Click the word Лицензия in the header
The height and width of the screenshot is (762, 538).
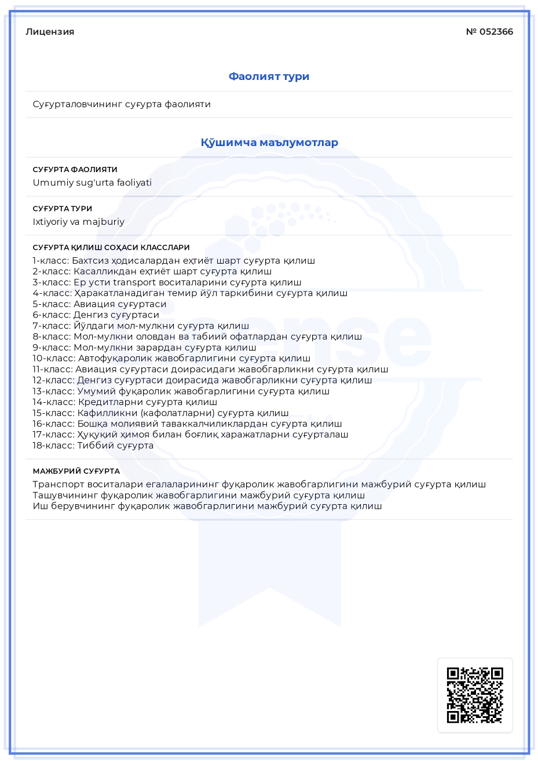pyautogui.click(x=50, y=32)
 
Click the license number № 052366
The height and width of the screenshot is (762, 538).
pyautogui.click(x=489, y=32)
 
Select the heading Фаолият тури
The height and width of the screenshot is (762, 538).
pyautogui.click(x=269, y=76)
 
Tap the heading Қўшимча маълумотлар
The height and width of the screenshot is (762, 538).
pyautogui.click(x=269, y=143)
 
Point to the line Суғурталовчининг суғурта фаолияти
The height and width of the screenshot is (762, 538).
pyautogui.click(x=122, y=104)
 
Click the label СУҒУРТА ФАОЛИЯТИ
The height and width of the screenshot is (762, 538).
pyautogui.click(x=75, y=170)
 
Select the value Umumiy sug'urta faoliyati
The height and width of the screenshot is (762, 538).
pyautogui.click(x=92, y=183)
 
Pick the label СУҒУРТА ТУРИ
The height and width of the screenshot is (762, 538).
pyautogui.click(x=62, y=209)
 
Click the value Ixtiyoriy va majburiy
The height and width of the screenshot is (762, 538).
pyautogui.click(x=78, y=221)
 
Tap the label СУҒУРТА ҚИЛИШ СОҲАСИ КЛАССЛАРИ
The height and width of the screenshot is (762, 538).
pyautogui.click(x=111, y=247)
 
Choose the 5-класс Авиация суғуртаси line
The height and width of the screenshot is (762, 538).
pyautogui.click(x=99, y=304)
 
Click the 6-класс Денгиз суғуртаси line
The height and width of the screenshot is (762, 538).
pyautogui.click(x=96, y=315)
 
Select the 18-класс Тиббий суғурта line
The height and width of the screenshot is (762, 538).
pyautogui.click(x=93, y=446)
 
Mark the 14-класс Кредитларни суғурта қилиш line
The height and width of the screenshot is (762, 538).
pyautogui.click(x=125, y=402)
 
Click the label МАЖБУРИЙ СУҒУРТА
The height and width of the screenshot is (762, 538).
pyautogui.click(x=76, y=471)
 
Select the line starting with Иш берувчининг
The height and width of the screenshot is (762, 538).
pyautogui.click(x=207, y=506)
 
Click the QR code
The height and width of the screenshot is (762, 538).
pyautogui.click(x=474, y=695)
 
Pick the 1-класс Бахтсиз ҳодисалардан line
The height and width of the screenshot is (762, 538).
pyautogui.click(x=174, y=261)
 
